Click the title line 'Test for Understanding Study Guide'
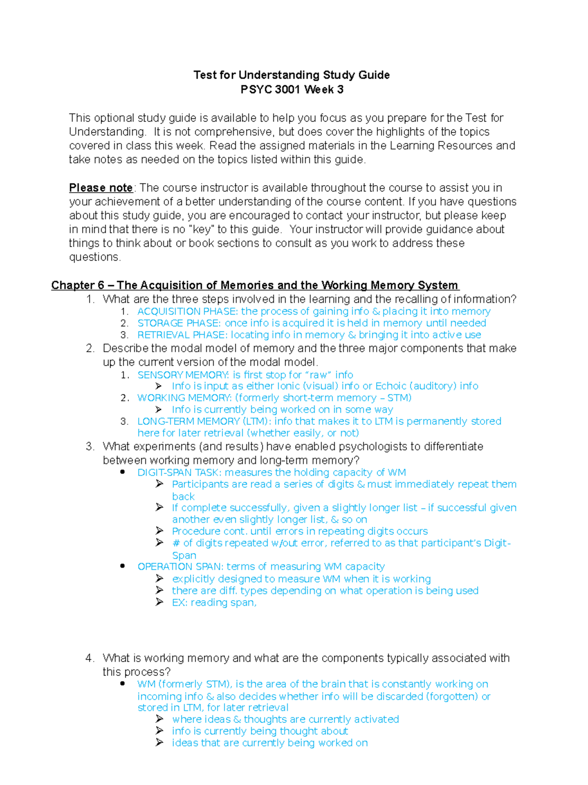(x=292, y=75)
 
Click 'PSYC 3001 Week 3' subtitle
(x=292, y=90)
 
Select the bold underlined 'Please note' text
(x=101, y=188)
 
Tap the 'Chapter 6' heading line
(x=255, y=286)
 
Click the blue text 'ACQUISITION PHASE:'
(x=187, y=312)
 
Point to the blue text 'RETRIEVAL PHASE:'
(x=182, y=335)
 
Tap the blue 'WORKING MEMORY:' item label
(x=184, y=398)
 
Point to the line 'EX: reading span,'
(x=214, y=603)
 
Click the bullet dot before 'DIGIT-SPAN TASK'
(x=122, y=472)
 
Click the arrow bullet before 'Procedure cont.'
(x=159, y=531)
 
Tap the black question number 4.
(x=89, y=658)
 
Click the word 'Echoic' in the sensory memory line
(x=390, y=386)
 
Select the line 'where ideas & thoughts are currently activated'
(x=285, y=719)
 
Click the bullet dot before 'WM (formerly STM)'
(x=122, y=684)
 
